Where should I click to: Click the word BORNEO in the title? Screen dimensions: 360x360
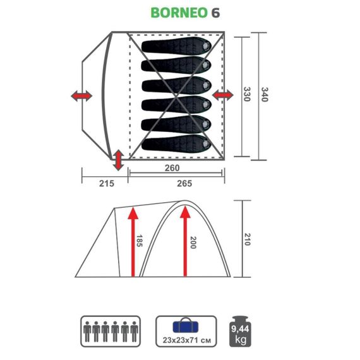(x=179, y=12)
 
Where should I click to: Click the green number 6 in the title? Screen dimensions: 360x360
(x=216, y=12)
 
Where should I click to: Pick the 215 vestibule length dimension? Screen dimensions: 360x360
(x=105, y=183)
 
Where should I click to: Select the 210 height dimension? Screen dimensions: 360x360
(x=248, y=239)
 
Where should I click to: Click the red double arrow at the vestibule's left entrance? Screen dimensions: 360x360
(x=80, y=96)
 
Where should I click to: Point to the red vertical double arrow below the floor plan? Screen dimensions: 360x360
(x=117, y=160)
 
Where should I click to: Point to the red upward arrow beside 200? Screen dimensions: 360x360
(x=184, y=240)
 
